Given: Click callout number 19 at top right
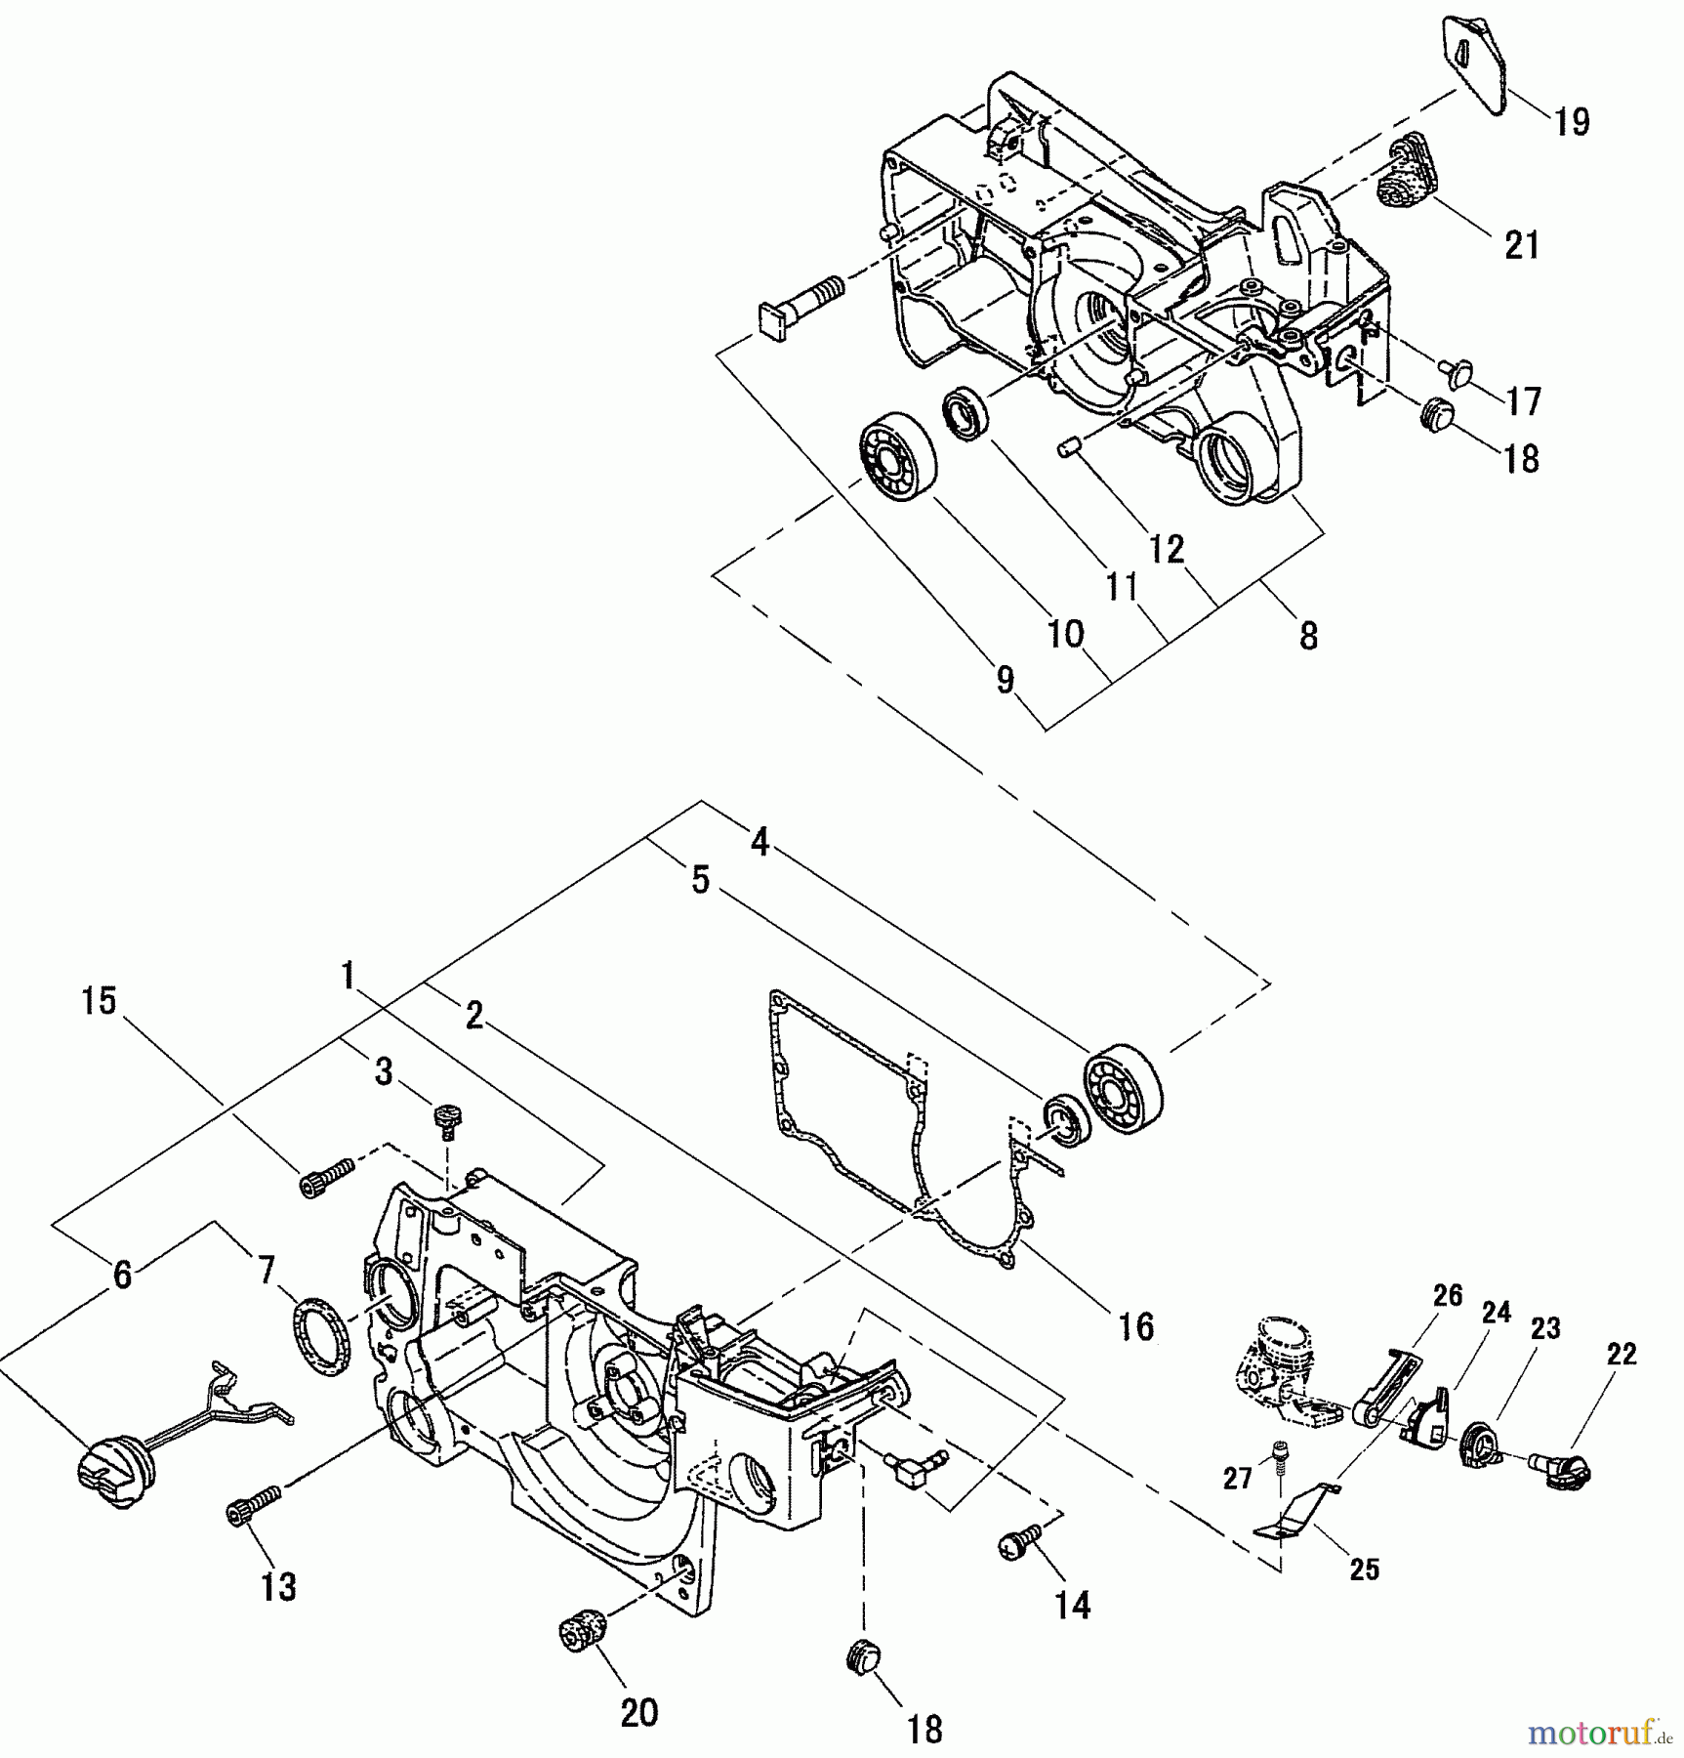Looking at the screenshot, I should (1572, 122).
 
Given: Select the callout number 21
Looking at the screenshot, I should (1521, 245).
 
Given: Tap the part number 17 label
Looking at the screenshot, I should (1523, 400).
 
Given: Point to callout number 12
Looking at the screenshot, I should (1166, 549).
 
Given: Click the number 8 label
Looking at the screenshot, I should (1308, 636).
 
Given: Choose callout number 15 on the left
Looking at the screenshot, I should (99, 1001).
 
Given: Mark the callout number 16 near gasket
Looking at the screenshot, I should (1136, 1326).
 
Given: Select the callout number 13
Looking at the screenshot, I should (278, 1587).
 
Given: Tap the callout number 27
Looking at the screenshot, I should (1237, 1478).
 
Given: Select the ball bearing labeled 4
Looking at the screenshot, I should (1124, 1087).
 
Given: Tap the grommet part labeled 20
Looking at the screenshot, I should (584, 1632).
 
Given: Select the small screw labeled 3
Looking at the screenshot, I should (447, 1119).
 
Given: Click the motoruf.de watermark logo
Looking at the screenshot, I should (1601, 1733).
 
